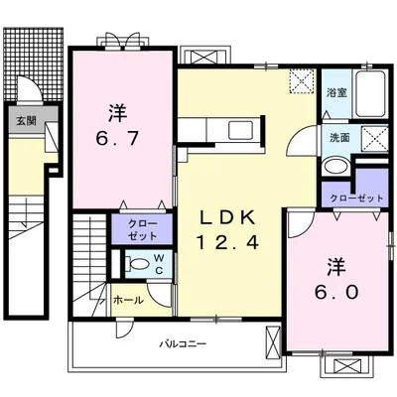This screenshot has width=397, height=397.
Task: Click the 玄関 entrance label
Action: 27,121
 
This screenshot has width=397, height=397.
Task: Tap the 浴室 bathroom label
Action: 336,93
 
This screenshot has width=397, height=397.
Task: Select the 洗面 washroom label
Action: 339,137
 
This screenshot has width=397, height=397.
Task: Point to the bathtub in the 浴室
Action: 369,93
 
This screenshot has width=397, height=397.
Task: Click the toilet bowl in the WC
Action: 140,265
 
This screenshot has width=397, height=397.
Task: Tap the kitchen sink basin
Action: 241,130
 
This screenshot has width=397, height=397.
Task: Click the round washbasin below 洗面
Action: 335,167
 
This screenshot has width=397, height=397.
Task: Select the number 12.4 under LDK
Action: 227,243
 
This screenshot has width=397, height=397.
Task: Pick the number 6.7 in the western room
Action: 116,139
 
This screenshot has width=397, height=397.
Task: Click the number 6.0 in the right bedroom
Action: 336,292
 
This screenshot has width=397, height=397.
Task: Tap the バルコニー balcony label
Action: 183,343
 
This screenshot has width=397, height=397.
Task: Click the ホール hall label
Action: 128,301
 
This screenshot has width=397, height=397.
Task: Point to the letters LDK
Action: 228,218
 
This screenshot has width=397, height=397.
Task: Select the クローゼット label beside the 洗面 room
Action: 357,198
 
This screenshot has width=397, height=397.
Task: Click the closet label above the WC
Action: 143,230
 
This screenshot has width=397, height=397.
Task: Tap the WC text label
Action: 159,264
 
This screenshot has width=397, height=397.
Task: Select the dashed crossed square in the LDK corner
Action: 301,81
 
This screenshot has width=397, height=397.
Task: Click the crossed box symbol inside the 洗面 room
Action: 374,139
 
